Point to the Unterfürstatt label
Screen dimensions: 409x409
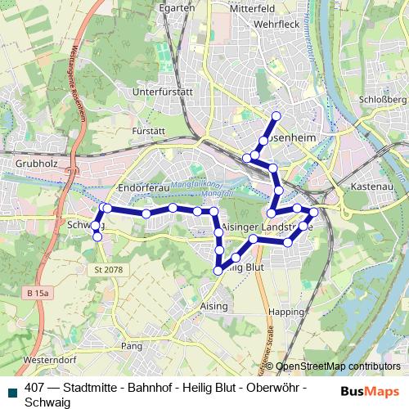[161, 92]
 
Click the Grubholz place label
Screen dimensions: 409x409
[35, 164]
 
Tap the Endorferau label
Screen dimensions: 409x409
[143, 188]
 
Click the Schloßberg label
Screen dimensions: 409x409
[385, 99]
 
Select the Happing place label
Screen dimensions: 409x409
[290, 312]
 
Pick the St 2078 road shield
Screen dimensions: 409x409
[107, 270]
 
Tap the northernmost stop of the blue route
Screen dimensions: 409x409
[276, 116]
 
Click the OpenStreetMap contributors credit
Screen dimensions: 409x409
[338, 366]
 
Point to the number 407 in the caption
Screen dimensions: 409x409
[35, 388]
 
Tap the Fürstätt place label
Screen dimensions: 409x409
[149, 130]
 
